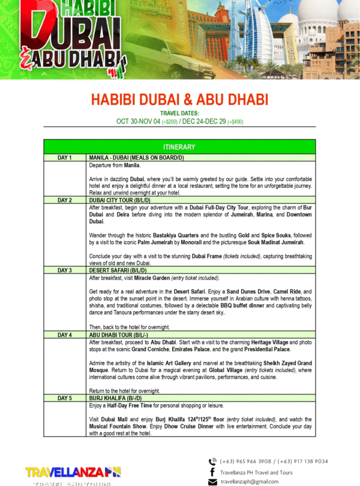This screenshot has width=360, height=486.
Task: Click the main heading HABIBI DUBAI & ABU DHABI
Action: [179, 99]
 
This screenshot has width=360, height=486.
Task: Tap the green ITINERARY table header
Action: [179, 147]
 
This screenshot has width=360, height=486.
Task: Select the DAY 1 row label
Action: [65, 158]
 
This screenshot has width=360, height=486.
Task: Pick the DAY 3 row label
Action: [65, 271]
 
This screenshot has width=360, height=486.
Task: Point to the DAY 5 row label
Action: [65, 398]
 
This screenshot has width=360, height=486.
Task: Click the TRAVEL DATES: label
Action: [179, 113]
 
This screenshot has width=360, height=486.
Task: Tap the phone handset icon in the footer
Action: [212, 461]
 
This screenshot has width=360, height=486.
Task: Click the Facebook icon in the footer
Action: [212, 472]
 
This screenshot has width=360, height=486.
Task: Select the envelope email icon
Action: [212, 482]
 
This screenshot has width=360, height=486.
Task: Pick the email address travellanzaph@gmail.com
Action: [250, 482]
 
